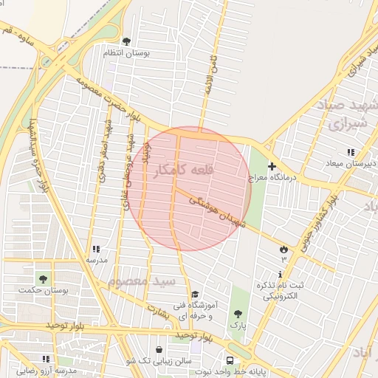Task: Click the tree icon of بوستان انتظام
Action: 126,41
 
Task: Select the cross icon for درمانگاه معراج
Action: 272,167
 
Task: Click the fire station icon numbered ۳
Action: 283,249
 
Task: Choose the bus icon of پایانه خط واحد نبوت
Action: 230,360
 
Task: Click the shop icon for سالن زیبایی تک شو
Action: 159,349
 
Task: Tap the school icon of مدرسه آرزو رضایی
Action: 46,359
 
